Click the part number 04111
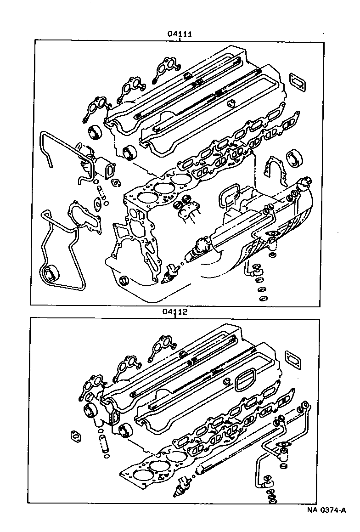pyautogui.click(x=180, y=34)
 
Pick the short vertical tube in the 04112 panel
pyautogui.click(x=104, y=445)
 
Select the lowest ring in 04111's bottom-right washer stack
pyautogui.click(x=263, y=299)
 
